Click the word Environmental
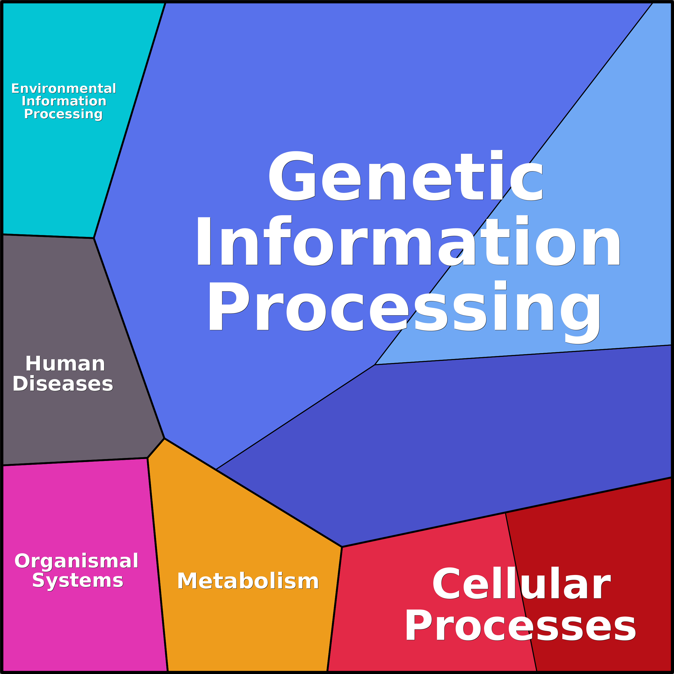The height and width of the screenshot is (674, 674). [x=64, y=89]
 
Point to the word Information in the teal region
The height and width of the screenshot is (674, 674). [x=64, y=101]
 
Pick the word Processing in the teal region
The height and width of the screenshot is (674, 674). [x=63, y=114]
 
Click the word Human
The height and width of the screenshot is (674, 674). [x=65, y=364]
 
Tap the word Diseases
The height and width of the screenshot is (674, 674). [x=63, y=384]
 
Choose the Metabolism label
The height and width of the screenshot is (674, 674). [x=248, y=581]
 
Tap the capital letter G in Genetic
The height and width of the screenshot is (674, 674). [x=292, y=176]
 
